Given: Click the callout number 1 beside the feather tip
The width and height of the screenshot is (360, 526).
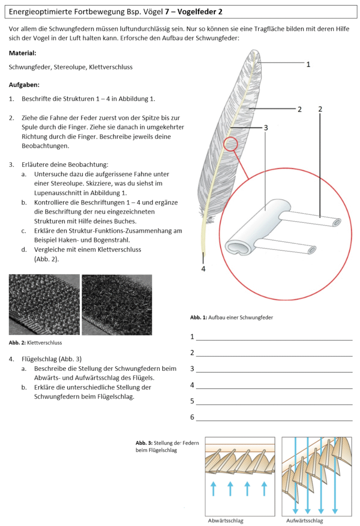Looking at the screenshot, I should tap(308, 65).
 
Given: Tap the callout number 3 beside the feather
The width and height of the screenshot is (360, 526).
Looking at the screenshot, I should tap(266, 127).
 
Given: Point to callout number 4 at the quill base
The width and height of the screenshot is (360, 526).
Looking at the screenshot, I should tap(203, 268).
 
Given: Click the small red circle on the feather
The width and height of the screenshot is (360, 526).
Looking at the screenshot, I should tap(231, 144).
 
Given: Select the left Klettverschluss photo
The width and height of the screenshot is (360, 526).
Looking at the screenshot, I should tap(44, 304).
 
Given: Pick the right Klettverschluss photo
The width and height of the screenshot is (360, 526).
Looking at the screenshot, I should tap(117, 304).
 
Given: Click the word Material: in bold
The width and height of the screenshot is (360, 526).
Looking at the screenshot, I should tap(23, 53).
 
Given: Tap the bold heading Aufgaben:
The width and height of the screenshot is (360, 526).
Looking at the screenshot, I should tap(24, 85).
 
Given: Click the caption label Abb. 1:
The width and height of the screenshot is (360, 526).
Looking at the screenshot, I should tap(198, 318).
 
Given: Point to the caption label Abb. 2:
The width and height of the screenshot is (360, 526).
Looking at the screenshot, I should tap(17, 343).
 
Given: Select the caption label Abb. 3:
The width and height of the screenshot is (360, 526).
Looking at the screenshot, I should tap(144, 443).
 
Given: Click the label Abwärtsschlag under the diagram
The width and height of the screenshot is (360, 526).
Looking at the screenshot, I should tap(225, 520).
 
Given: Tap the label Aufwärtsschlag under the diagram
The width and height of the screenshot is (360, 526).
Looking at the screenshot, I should tap(305, 520).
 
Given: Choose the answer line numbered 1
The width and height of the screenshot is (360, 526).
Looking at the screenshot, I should tap(274, 340).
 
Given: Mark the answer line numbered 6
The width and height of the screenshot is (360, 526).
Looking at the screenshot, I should tap(274, 420).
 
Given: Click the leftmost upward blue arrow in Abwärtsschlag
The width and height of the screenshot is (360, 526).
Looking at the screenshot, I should tap(214, 488).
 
